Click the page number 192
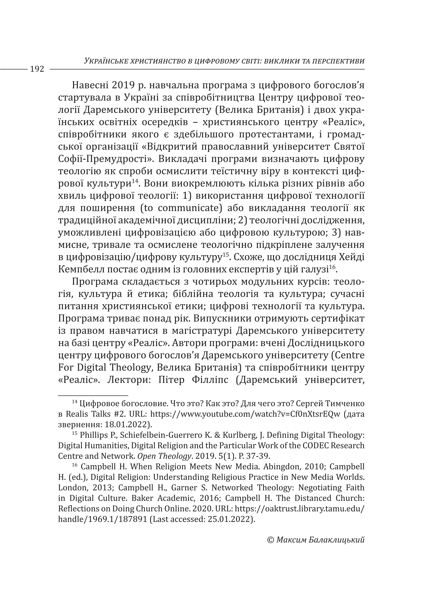pos(37,69)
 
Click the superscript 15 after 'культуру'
pos(226,255)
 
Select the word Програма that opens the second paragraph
pos(95,282)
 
